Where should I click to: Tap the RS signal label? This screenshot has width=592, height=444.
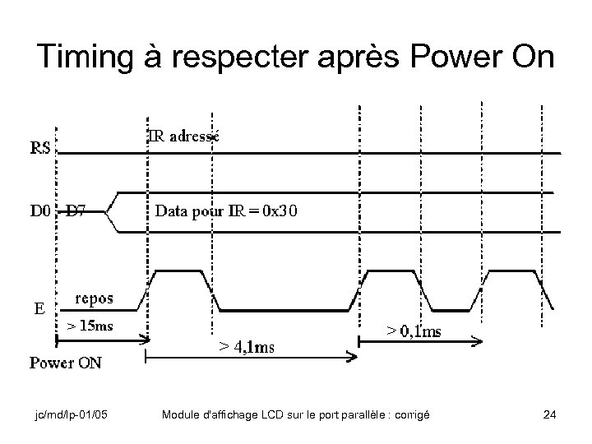40,149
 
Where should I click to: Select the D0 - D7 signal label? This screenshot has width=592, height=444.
58,211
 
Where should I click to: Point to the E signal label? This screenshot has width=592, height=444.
39,309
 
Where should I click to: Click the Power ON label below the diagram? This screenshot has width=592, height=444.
66,363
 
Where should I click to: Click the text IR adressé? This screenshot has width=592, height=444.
183,136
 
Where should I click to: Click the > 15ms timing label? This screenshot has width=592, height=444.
90,326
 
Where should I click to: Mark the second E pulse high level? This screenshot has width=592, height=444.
391,270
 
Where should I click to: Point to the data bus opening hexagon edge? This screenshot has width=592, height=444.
115,211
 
